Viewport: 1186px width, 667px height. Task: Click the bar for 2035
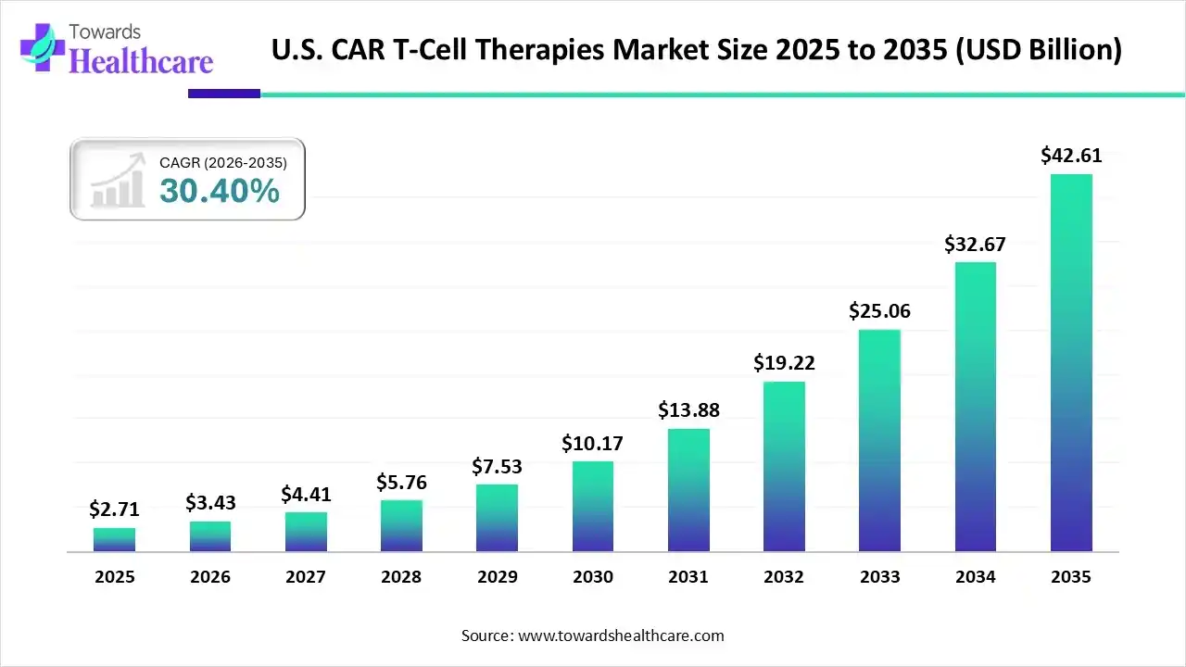point(1070,362)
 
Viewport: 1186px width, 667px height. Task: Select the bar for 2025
point(114,539)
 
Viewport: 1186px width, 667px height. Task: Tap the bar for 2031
point(688,490)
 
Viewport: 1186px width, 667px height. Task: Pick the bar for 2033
point(879,440)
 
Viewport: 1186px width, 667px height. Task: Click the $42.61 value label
point(1070,156)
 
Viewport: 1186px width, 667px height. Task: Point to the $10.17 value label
point(592,444)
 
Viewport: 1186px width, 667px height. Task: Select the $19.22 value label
point(784,363)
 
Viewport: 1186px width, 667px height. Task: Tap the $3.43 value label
point(210,503)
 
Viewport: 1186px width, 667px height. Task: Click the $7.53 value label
point(497,466)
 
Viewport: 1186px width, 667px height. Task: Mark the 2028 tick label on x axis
point(401,577)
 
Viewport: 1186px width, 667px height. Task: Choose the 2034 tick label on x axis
point(975,577)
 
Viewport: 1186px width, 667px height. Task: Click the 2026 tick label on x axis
point(210,577)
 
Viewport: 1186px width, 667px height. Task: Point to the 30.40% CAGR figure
point(219,192)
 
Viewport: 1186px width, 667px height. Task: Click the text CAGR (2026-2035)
point(223,163)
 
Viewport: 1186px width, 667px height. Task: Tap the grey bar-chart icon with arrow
point(117,180)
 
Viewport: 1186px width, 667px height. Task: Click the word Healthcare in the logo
point(141,61)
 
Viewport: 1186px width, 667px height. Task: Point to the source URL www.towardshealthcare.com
point(619,636)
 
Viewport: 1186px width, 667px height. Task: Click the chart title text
point(696,50)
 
